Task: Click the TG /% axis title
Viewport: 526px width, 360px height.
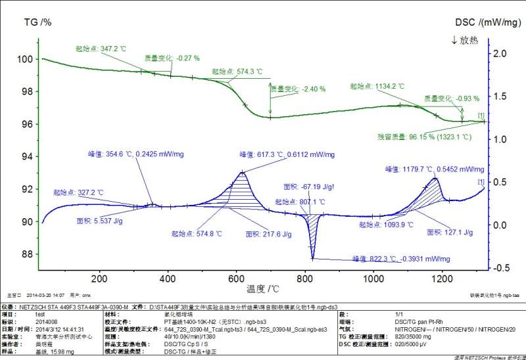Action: (x=37, y=22)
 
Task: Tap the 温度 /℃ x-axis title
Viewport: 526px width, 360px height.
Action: (x=263, y=288)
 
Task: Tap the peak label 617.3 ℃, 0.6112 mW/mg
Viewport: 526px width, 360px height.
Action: (x=286, y=155)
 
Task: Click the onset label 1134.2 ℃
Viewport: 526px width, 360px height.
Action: (x=377, y=86)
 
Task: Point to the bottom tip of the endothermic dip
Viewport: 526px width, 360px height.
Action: (x=312, y=258)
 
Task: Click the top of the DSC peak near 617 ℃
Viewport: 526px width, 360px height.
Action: (x=243, y=172)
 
